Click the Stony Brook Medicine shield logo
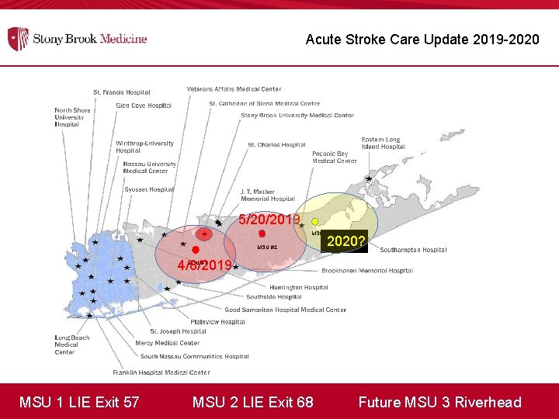(x=18, y=38)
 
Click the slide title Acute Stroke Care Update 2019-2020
(x=422, y=39)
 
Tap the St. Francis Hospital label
(x=122, y=93)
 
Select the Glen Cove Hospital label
(x=143, y=106)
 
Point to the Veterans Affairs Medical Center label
(x=234, y=89)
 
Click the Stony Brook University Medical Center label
(x=297, y=116)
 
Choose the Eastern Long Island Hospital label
(x=383, y=143)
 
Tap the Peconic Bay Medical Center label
(x=335, y=158)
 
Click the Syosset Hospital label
(x=149, y=189)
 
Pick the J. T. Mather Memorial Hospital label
(x=267, y=195)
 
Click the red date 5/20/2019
(x=269, y=220)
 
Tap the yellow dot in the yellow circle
(x=314, y=221)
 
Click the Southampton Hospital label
(x=413, y=250)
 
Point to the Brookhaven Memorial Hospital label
(x=367, y=271)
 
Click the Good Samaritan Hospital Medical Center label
(x=285, y=310)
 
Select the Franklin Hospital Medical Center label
(x=161, y=372)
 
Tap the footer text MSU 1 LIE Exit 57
(x=79, y=402)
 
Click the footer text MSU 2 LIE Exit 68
(x=253, y=402)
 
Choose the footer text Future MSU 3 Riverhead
(x=439, y=402)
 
